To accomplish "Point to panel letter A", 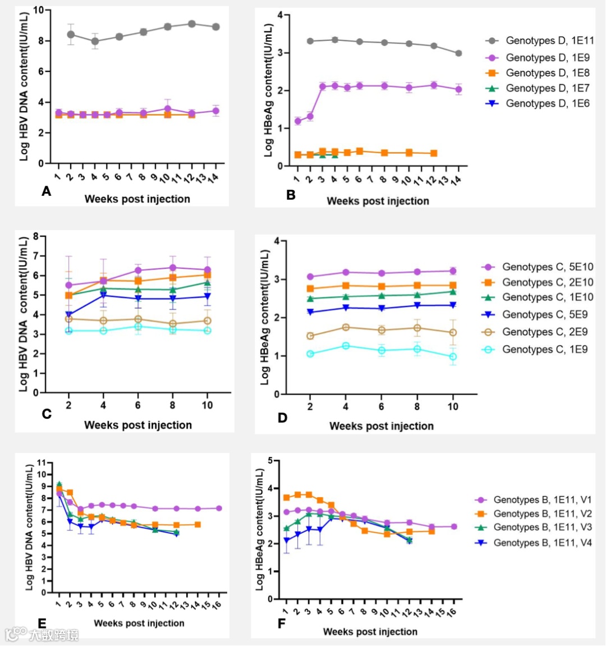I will (47, 192).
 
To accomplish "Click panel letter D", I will (282, 418).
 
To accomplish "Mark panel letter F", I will (282, 624).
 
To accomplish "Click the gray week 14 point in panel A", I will (216, 27).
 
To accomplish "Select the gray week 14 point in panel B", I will (458, 53).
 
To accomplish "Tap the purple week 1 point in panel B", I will (297, 121).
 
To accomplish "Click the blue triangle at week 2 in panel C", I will (68, 315).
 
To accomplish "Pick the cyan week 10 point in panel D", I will (453, 357).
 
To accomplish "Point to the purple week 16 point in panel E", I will (219, 508).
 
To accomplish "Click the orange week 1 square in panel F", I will (286, 498).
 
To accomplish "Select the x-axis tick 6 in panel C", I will (137, 405).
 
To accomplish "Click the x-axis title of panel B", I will (378, 201).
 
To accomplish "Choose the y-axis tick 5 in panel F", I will (270, 461).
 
